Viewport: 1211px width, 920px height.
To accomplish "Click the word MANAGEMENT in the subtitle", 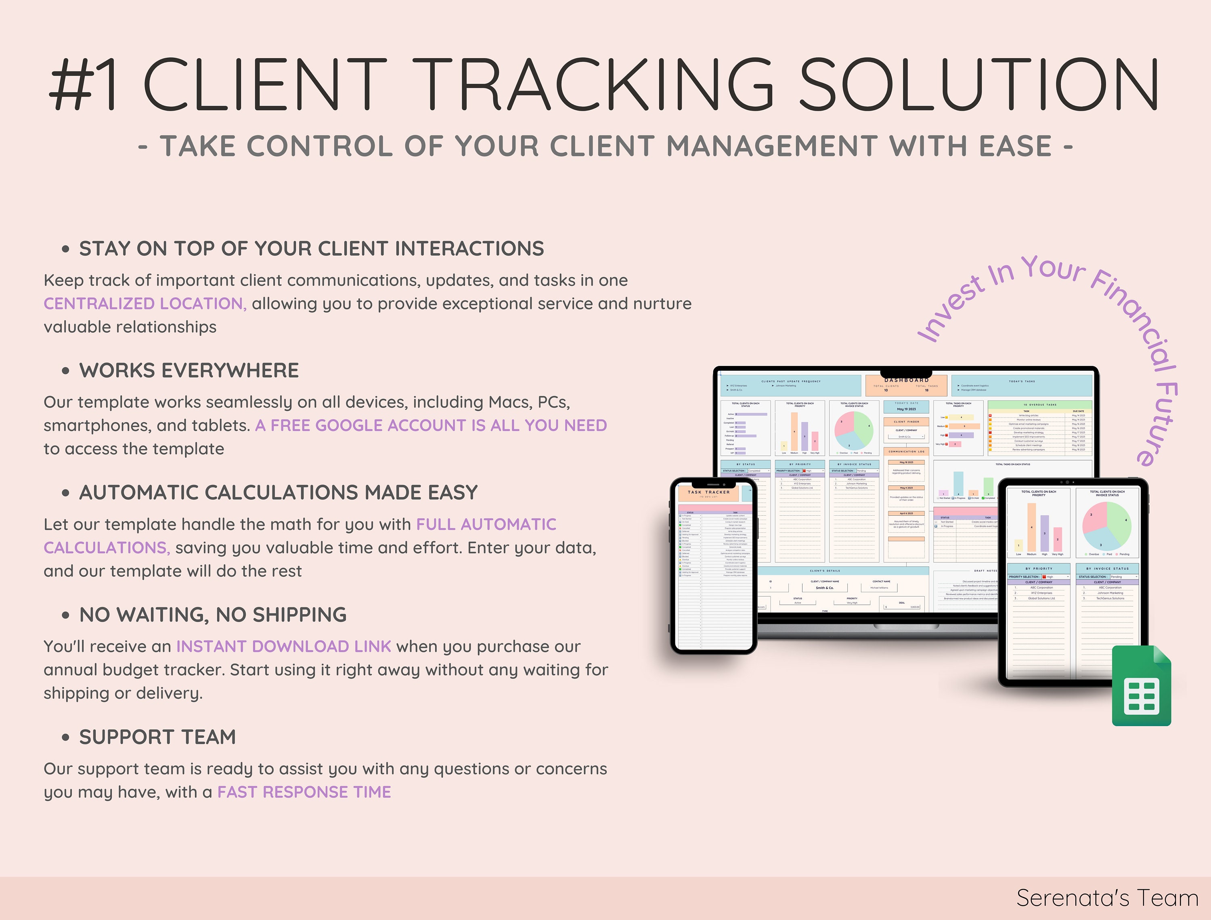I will coord(772,146).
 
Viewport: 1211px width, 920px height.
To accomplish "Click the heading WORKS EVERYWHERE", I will coord(189,371).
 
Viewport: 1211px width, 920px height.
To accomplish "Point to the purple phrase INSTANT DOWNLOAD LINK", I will coord(284,646).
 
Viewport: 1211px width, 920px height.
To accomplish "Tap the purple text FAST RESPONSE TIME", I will coord(304,792).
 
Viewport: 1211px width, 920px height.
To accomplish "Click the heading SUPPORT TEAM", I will coord(158,737).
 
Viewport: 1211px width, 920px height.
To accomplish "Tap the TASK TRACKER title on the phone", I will coord(708,492).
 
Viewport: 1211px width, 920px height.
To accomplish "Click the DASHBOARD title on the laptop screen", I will coord(907,380).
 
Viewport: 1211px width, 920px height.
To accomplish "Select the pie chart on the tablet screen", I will coord(1107,526).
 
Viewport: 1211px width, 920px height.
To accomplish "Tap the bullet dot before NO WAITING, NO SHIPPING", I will coord(66,615).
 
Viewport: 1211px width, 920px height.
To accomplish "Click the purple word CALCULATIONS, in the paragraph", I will coord(107,548).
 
